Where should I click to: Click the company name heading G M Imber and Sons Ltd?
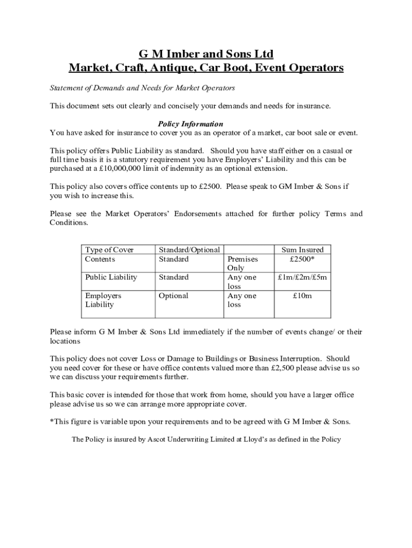tap(206, 54)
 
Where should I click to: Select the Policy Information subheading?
tap(190, 124)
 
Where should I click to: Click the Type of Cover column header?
tap(109, 250)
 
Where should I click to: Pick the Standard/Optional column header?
tap(189, 250)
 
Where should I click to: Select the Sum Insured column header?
tap(302, 250)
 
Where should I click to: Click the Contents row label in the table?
tap(100, 259)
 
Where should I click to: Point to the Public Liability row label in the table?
tap(111, 277)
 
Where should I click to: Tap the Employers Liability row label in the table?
tap(103, 300)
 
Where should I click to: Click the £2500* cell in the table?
tap(302, 259)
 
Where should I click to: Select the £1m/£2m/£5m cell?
tap(302, 277)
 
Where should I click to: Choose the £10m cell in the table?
tap(302, 295)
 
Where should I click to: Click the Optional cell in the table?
tap(173, 295)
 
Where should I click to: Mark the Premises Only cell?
tap(235, 263)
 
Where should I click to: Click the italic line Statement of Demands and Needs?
tap(142, 88)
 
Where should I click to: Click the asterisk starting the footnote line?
tap(52, 421)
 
